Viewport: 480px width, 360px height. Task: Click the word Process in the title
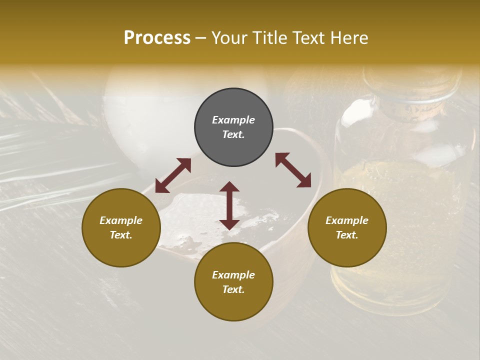pyautogui.click(x=157, y=38)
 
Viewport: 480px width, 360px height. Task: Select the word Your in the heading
pyautogui.click(x=228, y=38)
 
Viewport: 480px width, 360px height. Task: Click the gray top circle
pyautogui.click(x=233, y=127)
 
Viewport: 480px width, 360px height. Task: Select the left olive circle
pyautogui.click(x=121, y=227)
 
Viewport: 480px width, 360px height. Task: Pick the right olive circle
pyautogui.click(x=347, y=227)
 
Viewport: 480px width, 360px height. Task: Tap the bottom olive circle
pyautogui.click(x=233, y=282)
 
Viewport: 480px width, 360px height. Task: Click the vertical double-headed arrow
pyautogui.click(x=229, y=205)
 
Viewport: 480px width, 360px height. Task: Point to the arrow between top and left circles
pyautogui.click(x=173, y=175)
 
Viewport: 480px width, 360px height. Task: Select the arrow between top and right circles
pyautogui.click(x=293, y=170)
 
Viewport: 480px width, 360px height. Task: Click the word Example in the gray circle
pyautogui.click(x=233, y=120)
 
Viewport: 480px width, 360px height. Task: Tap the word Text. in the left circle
pyautogui.click(x=121, y=235)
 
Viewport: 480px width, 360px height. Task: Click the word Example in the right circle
pyautogui.click(x=347, y=220)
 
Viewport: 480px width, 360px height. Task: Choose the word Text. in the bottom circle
pyautogui.click(x=233, y=289)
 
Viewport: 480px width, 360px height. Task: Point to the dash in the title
pyautogui.click(x=200, y=38)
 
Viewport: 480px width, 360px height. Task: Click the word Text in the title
pyautogui.click(x=308, y=38)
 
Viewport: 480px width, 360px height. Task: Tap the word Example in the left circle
pyautogui.click(x=121, y=220)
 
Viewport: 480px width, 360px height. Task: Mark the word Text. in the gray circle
pyautogui.click(x=233, y=134)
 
